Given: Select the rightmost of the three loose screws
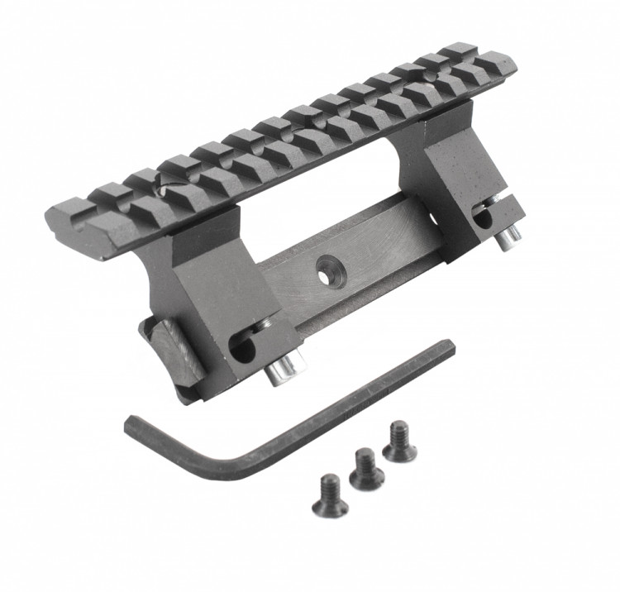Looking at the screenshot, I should coord(398,439).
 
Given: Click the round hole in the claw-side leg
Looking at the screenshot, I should coord(241,351).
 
